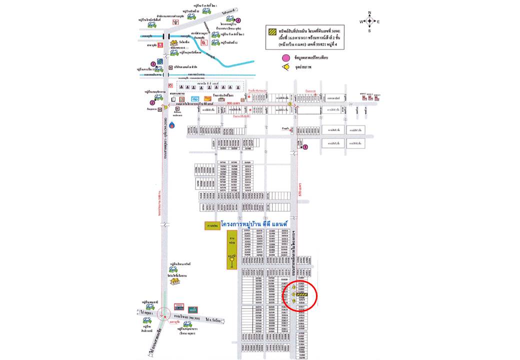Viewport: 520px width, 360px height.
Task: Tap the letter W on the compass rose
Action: [x=360, y=21]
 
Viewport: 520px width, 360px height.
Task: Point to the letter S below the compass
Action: [x=369, y=31]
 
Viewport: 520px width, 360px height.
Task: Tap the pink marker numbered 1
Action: [x=305, y=147]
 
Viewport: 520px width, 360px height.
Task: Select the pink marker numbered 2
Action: [x=159, y=103]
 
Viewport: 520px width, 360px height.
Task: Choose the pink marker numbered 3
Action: [x=152, y=64]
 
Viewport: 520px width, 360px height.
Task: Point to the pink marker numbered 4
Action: [x=238, y=20]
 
